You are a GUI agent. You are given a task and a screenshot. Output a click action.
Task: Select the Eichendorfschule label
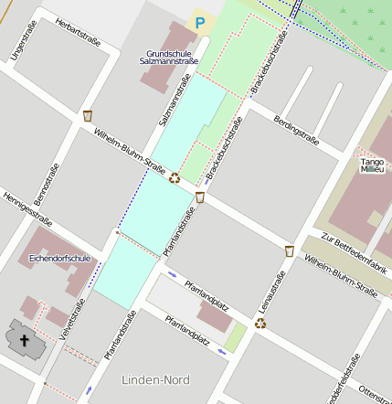[60, 259]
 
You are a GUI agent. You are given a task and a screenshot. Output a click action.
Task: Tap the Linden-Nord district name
[155, 378]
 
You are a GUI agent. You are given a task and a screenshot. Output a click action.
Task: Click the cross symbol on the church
[25, 343]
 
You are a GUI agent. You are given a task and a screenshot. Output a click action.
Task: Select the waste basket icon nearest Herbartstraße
[88, 115]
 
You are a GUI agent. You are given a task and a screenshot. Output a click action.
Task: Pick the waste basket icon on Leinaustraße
[290, 250]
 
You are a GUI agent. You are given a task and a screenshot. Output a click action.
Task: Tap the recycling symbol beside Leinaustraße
[260, 323]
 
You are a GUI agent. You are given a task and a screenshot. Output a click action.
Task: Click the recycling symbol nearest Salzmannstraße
[174, 178]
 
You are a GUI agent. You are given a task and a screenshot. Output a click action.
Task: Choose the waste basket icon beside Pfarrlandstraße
[199, 197]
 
